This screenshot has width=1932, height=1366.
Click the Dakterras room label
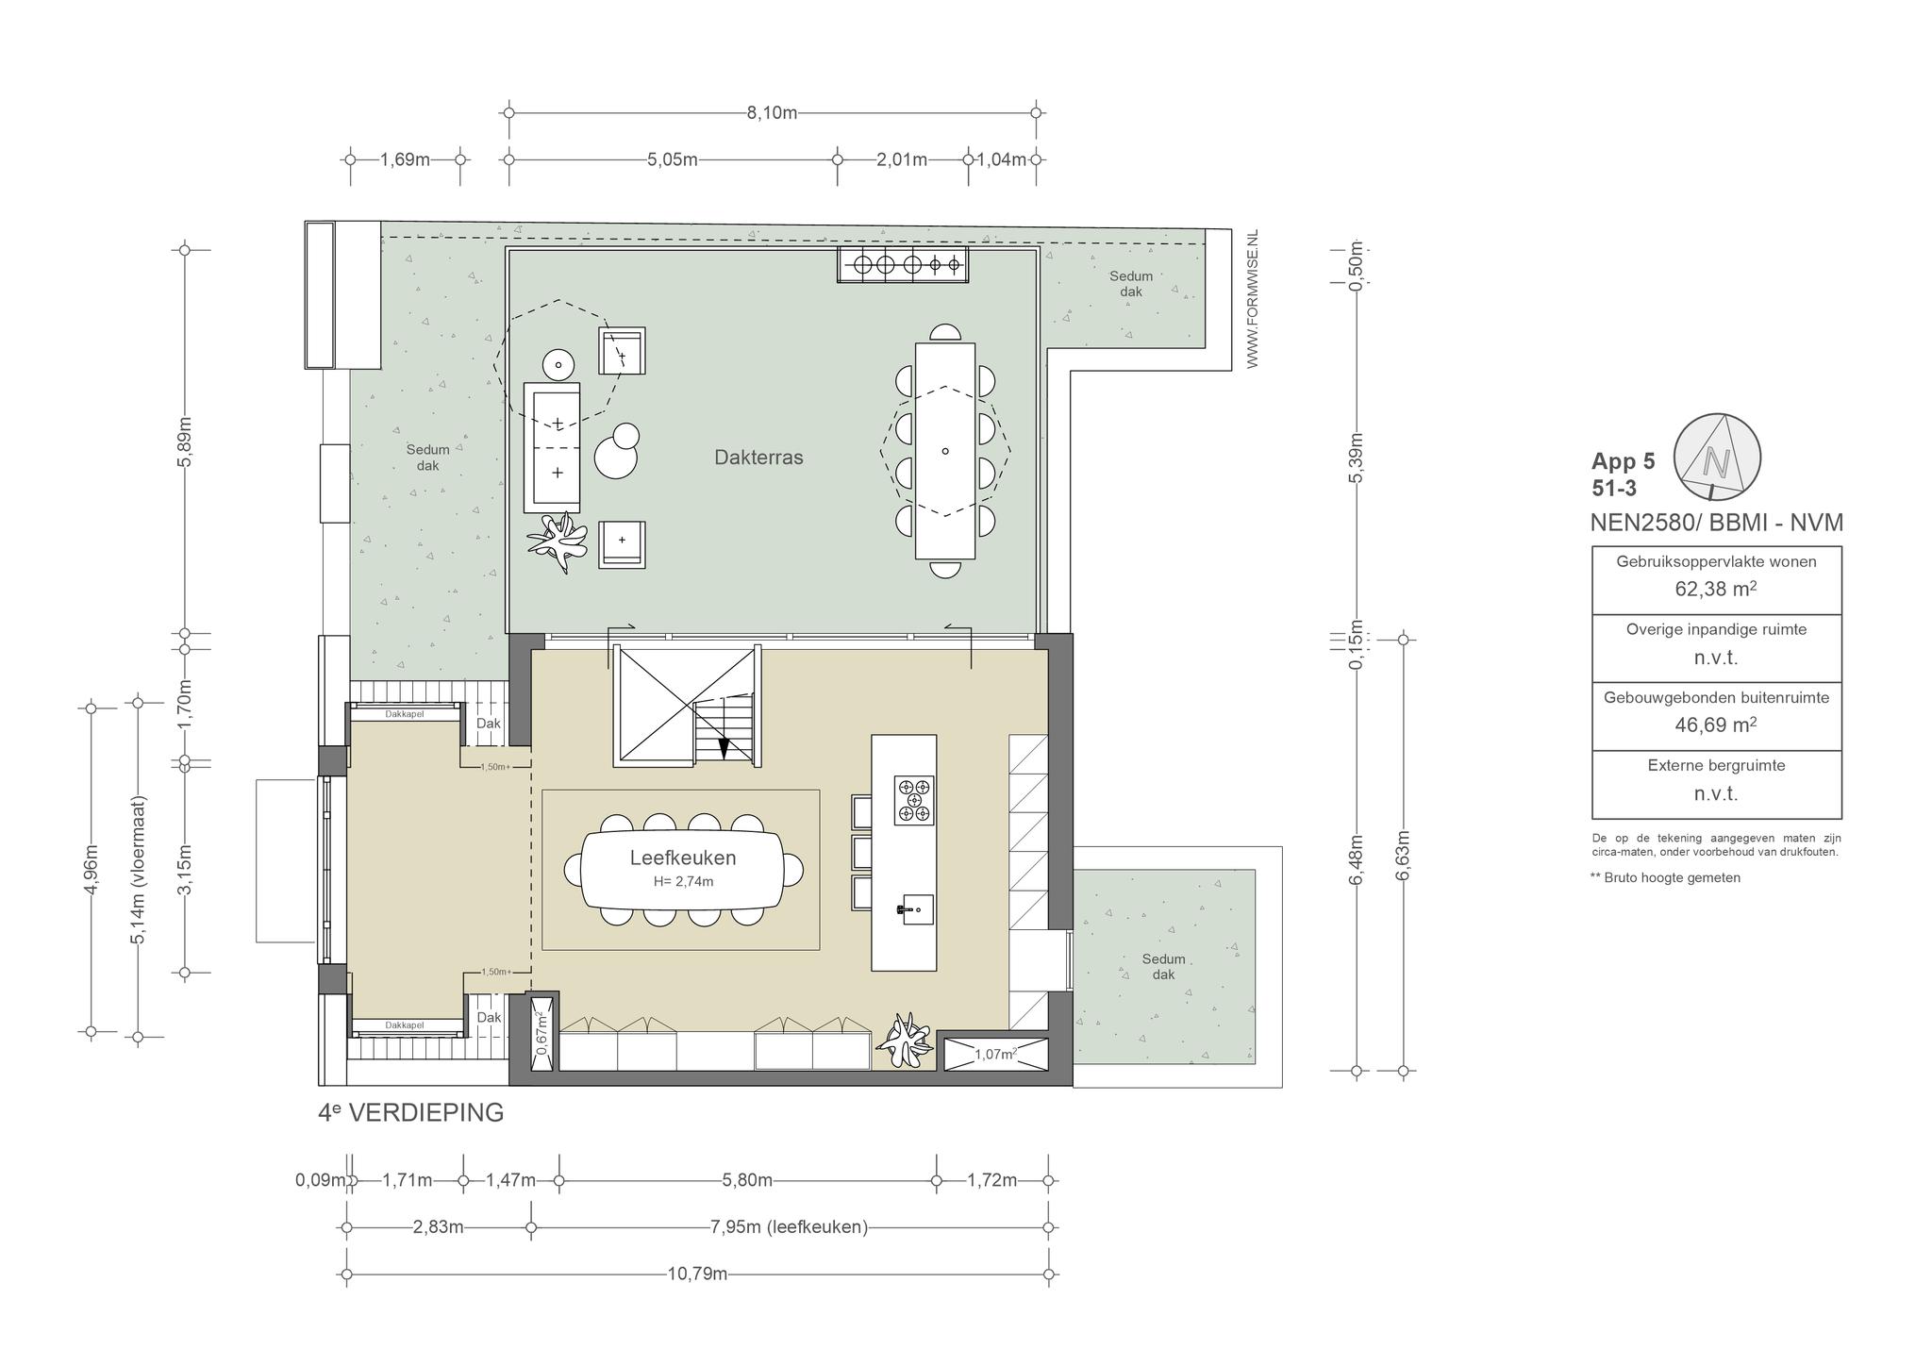point(758,458)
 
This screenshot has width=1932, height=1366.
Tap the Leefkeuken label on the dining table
point(683,858)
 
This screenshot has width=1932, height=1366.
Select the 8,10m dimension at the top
point(772,113)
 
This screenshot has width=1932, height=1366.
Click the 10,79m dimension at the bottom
point(697,1274)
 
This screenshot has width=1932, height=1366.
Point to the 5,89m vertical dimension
point(185,441)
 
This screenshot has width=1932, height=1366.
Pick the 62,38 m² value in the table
point(1716,590)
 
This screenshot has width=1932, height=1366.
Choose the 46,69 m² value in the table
point(1716,725)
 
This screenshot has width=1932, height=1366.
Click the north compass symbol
point(1717,457)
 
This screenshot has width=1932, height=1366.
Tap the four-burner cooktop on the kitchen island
point(914,801)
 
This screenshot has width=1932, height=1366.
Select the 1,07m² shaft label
point(995,1055)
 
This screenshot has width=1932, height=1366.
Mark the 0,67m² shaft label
point(542,1033)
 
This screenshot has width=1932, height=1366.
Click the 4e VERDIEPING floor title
point(411,1113)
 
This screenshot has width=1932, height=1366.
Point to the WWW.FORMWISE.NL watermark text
point(1253,299)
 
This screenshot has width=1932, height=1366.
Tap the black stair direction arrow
point(724,747)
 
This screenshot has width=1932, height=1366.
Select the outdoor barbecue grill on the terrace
point(903,265)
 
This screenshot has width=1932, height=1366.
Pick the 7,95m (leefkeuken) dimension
point(789,1227)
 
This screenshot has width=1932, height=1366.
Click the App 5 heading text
point(1623,462)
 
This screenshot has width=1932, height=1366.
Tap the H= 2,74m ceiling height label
point(683,882)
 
